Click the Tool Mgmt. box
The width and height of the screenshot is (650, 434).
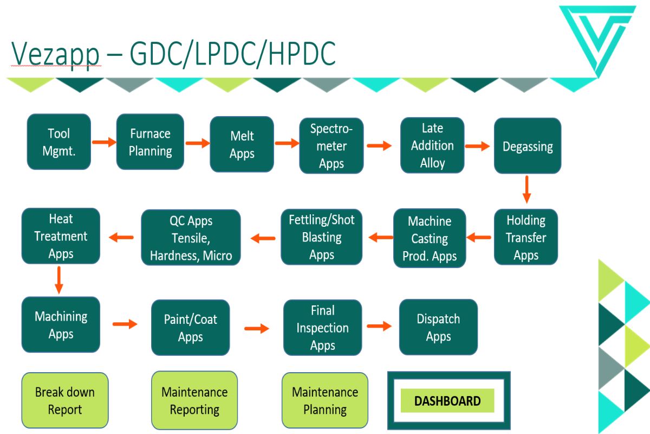[59, 142]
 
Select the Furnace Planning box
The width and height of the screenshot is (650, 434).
[150, 142]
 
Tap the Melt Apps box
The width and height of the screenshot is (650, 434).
[242, 144]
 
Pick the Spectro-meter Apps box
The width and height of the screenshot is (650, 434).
[331, 145]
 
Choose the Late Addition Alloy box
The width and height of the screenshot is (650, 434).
[432, 145]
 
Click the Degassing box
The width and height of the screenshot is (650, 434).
[528, 145]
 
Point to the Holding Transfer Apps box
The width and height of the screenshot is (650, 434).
[526, 237]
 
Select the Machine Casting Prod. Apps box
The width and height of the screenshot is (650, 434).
[430, 238]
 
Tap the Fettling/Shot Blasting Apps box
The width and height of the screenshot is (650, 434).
[322, 237]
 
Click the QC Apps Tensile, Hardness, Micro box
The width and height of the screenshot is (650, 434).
[191, 238]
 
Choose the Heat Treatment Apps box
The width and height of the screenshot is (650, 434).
[61, 236]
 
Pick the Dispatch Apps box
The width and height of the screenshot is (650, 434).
[438, 327]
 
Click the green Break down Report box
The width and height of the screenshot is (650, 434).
[65, 400]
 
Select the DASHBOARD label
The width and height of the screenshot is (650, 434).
[447, 401]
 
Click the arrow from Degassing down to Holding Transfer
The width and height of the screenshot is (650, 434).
[526, 189]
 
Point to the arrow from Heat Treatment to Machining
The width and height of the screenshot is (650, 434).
[59, 280]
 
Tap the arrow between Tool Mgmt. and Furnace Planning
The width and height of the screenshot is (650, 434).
[104, 142]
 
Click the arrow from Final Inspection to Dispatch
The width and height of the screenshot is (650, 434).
[379, 326]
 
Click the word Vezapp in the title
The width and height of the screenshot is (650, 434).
[55, 54]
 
